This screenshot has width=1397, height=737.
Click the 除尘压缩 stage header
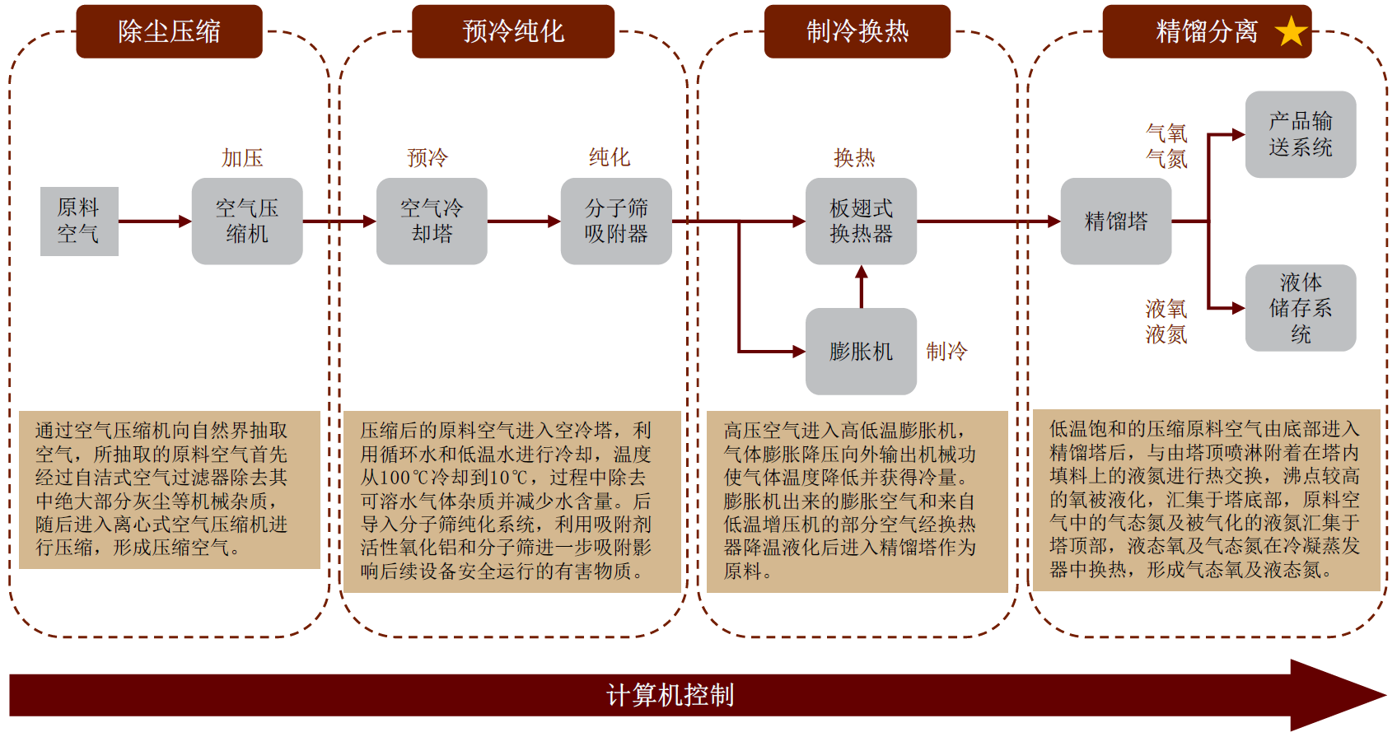click(x=169, y=31)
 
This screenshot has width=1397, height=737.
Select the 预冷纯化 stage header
click(x=513, y=31)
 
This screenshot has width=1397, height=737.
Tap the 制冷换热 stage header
click(x=857, y=31)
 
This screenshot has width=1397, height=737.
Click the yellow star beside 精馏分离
click(x=1291, y=32)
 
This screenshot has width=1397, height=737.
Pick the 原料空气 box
click(x=79, y=221)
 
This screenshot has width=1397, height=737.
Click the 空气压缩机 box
click(x=247, y=221)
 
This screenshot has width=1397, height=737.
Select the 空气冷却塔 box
click(x=432, y=221)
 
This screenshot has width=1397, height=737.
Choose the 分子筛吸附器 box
click(x=616, y=221)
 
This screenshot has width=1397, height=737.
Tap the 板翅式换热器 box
click(x=861, y=221)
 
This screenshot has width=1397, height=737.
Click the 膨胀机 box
click(x=861, y=351)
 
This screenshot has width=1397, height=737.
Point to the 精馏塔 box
click(x=1115, y=221)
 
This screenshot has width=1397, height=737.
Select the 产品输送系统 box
click(x=1300, y=134)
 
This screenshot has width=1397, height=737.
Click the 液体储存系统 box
click(x=1300, y=308)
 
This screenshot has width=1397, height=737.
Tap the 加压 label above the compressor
click(x=242, y=157)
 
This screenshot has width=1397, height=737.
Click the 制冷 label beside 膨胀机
click(x=946, y=352)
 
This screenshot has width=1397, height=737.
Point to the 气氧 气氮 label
click(x=1166, y=146)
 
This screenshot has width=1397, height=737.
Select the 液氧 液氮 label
click(x=1166, y=321)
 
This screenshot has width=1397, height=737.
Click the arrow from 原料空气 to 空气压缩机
click(x=155, y=221)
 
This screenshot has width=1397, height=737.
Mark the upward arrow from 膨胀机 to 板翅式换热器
click(x=862, y=287)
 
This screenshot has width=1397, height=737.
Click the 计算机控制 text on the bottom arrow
click(x=670, y=695)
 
